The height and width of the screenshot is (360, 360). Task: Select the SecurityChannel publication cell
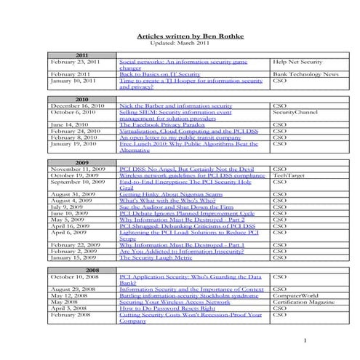pyautogui.click(x=294, y=113)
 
